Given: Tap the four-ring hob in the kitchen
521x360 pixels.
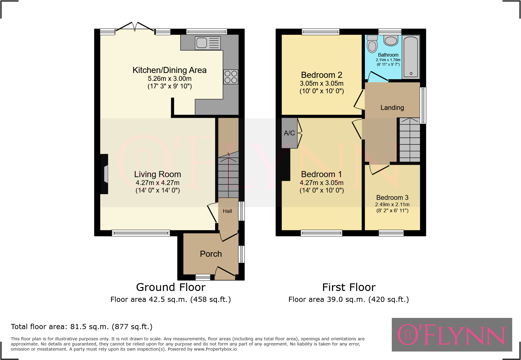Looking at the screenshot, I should pos(231,77).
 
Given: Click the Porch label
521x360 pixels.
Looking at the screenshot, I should pos(211,254).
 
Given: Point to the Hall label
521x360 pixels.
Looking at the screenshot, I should pos(227,211).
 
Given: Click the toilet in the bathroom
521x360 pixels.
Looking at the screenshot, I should pos(372,45).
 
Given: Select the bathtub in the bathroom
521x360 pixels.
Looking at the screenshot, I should pos(411,57).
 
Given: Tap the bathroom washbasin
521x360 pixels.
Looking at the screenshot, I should pos(391,40).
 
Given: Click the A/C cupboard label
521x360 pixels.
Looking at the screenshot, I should pos(289,133).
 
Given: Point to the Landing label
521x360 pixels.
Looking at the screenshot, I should pos(392,107).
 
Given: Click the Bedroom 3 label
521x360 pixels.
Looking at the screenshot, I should pos(392,197).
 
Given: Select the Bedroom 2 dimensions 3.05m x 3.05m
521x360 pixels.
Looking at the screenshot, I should pos(322,83).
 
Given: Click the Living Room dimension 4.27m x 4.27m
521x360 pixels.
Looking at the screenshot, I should pos(157,183).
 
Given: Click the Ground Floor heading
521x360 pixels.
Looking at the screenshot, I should pos(171,287).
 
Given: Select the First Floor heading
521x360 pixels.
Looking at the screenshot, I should pos(349,287).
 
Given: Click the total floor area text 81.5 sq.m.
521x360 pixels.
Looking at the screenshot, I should pos(82,327).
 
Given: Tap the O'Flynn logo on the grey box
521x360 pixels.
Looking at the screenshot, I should pos(451,335).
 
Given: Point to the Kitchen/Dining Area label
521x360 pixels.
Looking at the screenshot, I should pos(169,70).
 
